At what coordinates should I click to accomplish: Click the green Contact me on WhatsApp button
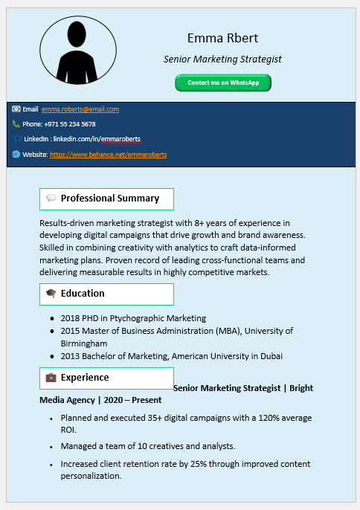tap(223, 83)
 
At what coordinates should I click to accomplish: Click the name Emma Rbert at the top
tap(222, 38)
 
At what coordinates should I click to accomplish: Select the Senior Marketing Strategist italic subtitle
tap(222, 59)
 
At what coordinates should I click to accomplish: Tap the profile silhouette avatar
tap(77, 51)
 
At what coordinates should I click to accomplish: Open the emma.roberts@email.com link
tap(80, 109)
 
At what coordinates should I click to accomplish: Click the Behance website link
tap(108, 155)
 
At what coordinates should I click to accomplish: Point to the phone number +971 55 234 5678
tap(69, 124)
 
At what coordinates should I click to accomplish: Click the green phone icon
tap(16, 124)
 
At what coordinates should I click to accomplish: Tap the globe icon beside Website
tap(16, 155)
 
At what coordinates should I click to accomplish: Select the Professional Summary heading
tap(110, 198)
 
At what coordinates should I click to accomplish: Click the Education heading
tap(83, 294)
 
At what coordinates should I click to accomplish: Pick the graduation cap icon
tap(51, 294)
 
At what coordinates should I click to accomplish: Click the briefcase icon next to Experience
tap(51, 378)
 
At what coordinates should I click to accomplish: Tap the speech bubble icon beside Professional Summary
tap(51, 198)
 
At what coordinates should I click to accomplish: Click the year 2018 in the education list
tap(71, 318)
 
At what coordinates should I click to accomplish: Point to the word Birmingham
tap(84, 343)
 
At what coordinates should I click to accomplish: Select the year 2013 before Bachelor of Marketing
tap(71, 356)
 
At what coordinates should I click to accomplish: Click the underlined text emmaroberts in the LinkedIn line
tap(120, 139)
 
